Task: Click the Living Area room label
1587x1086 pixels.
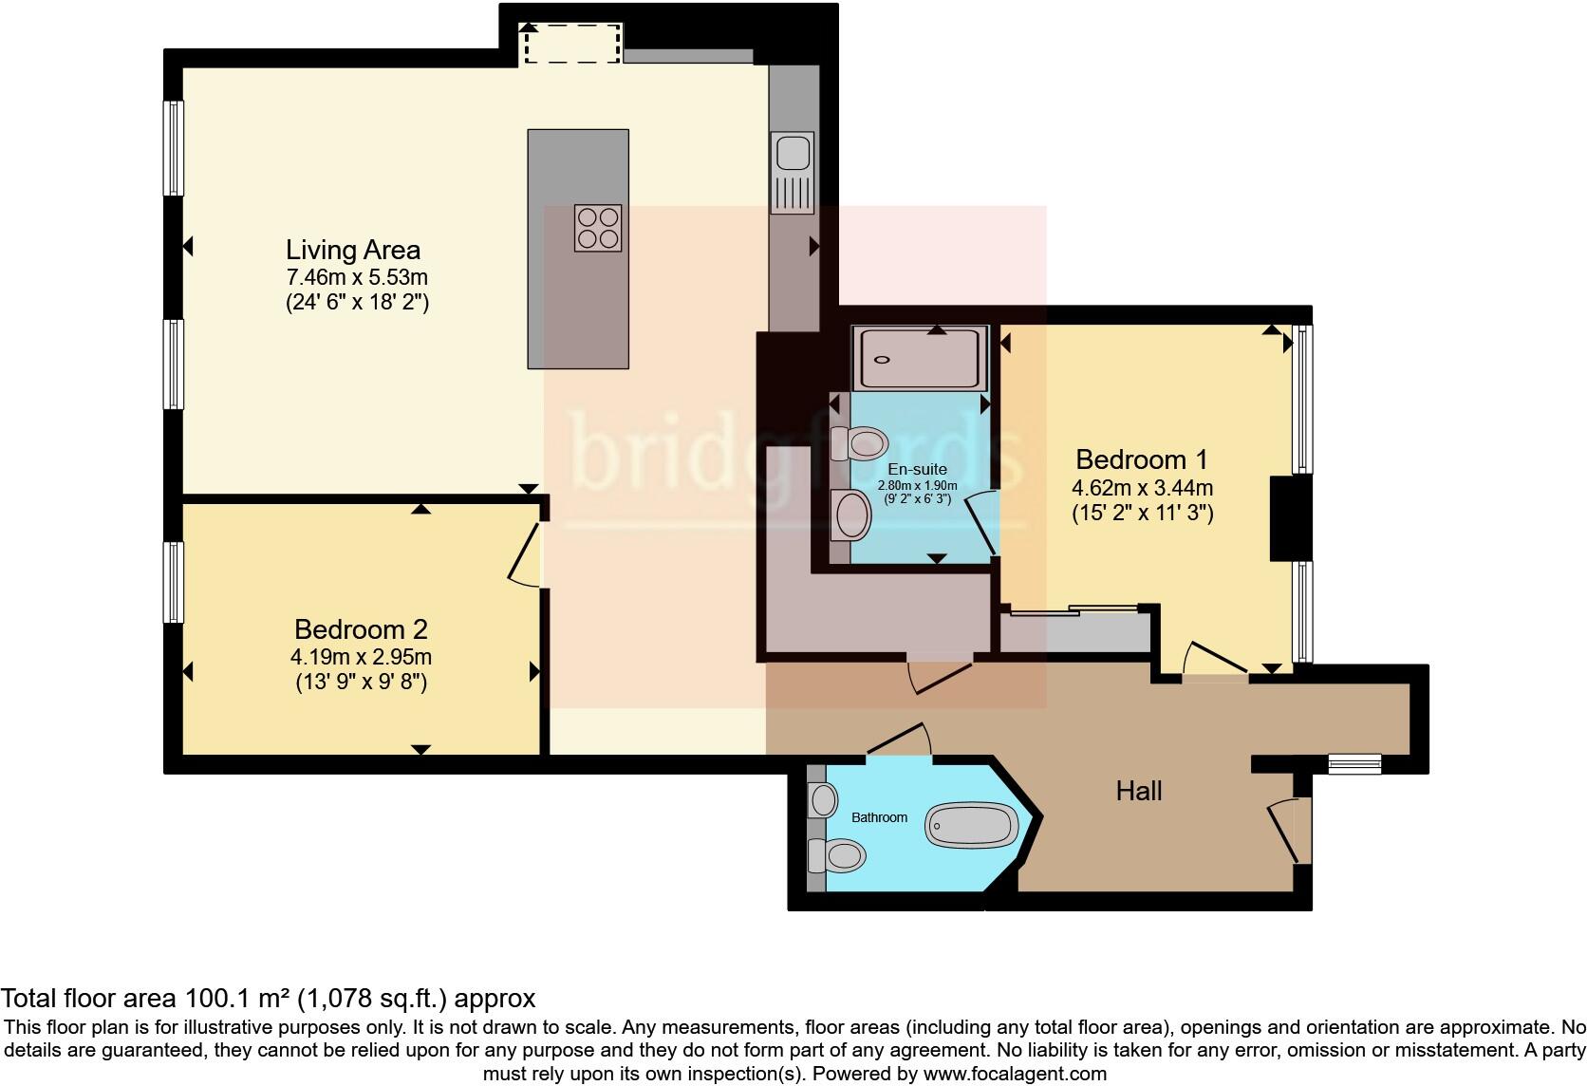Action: [x=353, y=250]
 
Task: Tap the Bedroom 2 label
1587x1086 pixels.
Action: [x=361, y=629]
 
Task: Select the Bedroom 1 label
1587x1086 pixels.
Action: [x=1141, y=459]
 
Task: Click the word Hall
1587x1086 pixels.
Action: [x=1139, y=791]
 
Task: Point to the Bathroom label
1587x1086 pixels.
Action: [x=879, y=817]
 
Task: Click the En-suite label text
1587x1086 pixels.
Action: [x=918, y=469]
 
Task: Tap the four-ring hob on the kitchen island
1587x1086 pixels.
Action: [x=598, y=228]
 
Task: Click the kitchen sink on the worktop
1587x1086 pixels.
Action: [x=793, y=173]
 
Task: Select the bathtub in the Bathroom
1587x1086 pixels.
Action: [x=971, y=825]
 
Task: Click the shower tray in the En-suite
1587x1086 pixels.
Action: [x=921, y=359]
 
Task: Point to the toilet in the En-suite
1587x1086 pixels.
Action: [x=859, y=443]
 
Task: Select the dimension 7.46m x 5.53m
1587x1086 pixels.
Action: [x=357, y=277]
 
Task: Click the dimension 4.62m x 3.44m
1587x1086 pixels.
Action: [x=1142, y=488]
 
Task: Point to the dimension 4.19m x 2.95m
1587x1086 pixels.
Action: [x=361, y=657]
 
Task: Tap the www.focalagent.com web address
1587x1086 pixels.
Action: [x=1015, y=1074]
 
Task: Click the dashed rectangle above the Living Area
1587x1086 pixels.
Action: [x=572, y=44]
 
